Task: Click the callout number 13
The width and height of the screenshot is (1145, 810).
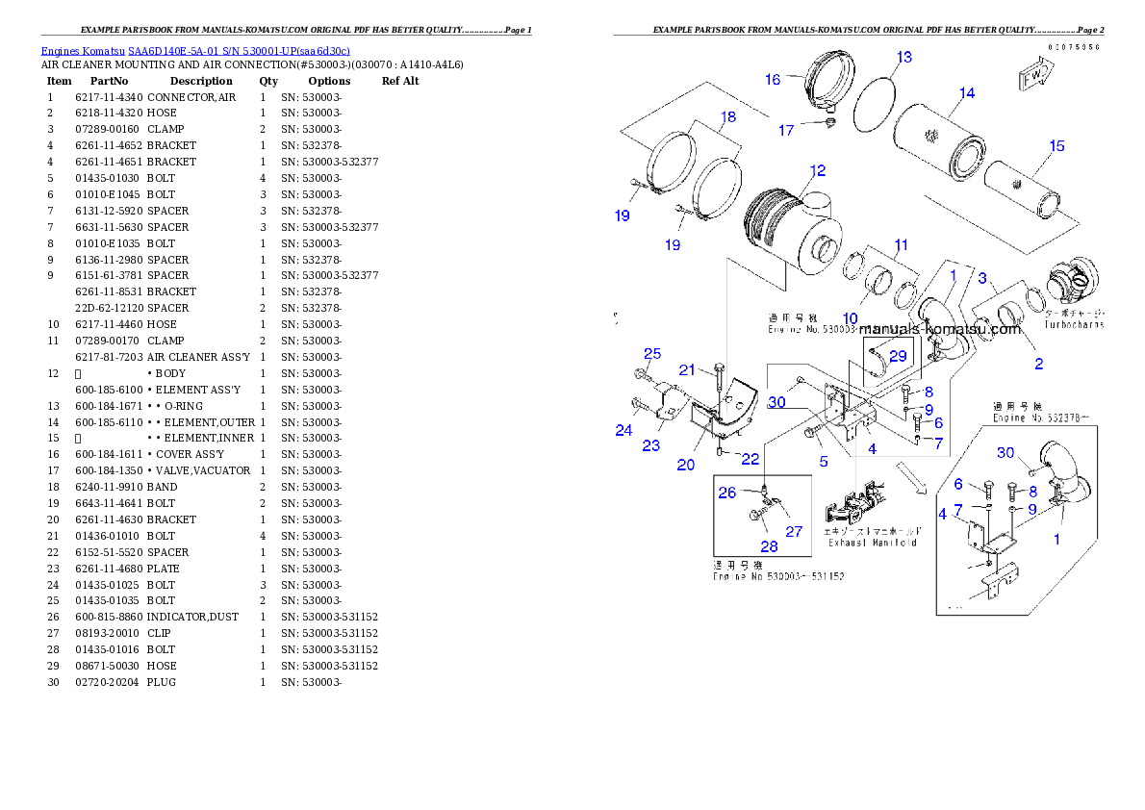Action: pos(903,58)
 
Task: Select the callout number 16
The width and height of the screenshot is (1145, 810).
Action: pos(773,80)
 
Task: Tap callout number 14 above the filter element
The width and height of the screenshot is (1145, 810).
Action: pos(967,93)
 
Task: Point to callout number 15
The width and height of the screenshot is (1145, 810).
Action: pos(1056,146)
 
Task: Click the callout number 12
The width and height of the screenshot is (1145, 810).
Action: pos(817,171)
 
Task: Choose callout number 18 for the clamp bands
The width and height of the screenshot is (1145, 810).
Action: pos(728,116)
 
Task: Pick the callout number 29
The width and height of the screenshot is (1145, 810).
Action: pos(897,356)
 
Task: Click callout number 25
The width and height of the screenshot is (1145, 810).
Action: pos(652,354)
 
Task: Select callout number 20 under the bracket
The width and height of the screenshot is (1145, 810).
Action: pos(685,465)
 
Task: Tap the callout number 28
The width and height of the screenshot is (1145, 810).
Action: pos(769,546)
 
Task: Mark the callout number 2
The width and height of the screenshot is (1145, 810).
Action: pos(1038,364)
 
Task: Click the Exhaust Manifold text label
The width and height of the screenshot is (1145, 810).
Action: pos(873,543)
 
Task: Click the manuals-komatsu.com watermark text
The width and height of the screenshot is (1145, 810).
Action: pos(932,329)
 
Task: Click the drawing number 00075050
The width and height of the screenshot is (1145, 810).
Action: pos(1075,47)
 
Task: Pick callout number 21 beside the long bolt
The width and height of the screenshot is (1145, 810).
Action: pos(687,370)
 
